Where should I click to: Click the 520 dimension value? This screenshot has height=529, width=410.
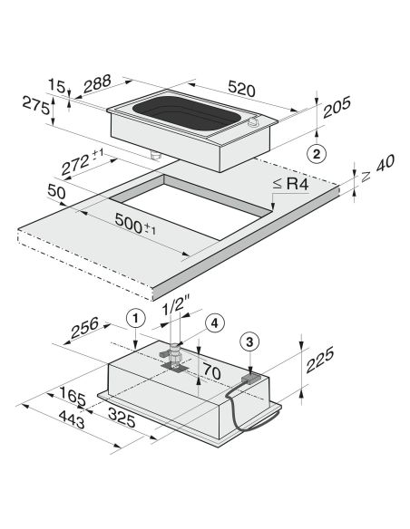(x=242, y=89)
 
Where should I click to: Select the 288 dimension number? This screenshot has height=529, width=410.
(x=97, y=83)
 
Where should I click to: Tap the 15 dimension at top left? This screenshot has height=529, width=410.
(x=56, y=86)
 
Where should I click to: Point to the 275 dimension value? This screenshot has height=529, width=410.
(x=36, y=105)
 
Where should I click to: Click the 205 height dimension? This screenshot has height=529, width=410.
(x=337, y=107)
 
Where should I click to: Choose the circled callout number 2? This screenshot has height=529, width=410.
(x=317, y=154)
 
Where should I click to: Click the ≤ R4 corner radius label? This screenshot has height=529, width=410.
(x=290, y=184)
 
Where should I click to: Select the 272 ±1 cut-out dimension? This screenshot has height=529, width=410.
(x=82, y=163)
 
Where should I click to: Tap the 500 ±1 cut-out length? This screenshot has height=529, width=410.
(x=135, y=224)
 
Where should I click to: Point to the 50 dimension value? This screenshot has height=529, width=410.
(x=56, y=192)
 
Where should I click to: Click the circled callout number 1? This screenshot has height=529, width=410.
(x=135, y=318)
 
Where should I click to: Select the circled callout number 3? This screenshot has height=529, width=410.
(x=249, y=342)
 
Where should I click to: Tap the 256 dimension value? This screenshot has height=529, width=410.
(x=84, y=327)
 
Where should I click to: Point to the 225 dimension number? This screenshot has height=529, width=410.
(x=319, y=360)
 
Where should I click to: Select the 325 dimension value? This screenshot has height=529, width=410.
(x=122, y=417)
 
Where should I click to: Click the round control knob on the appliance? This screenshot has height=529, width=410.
(x=253, y=122)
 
